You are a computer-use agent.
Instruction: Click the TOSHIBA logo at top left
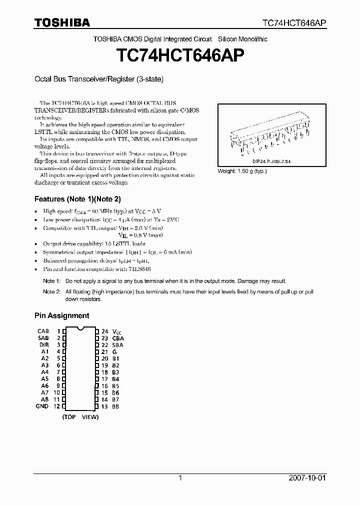click(62, 22)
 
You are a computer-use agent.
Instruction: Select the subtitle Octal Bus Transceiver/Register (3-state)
click(98, 79)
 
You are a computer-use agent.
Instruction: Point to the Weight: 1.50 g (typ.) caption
click(242, 171)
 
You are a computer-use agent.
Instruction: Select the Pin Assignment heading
click(61, 315)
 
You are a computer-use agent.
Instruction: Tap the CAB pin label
click(43, 331)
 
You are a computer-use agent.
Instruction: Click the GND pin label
click(42, 406)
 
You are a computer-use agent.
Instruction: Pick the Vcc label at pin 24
click(116, 331)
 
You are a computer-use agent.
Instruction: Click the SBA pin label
click(117, 345)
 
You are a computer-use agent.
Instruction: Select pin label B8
click(115, 406)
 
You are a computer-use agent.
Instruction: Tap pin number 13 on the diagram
click(104, 406)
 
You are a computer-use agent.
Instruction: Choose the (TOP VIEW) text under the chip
click(80, 416)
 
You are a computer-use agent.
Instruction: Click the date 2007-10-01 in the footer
click(307, 478)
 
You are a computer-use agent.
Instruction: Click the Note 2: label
click(51, 291)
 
